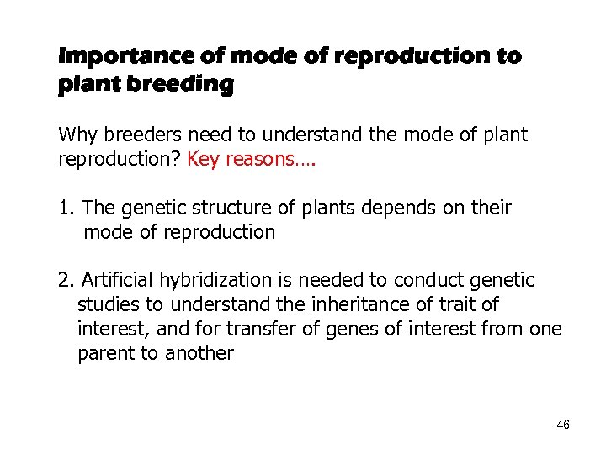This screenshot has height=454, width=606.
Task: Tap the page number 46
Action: [x=563, y=425]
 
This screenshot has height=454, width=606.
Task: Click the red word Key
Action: [x=202, y=160]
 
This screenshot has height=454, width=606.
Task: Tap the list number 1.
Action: [x=65, y=208]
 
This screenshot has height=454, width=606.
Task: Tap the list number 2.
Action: [x=65, y=280]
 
